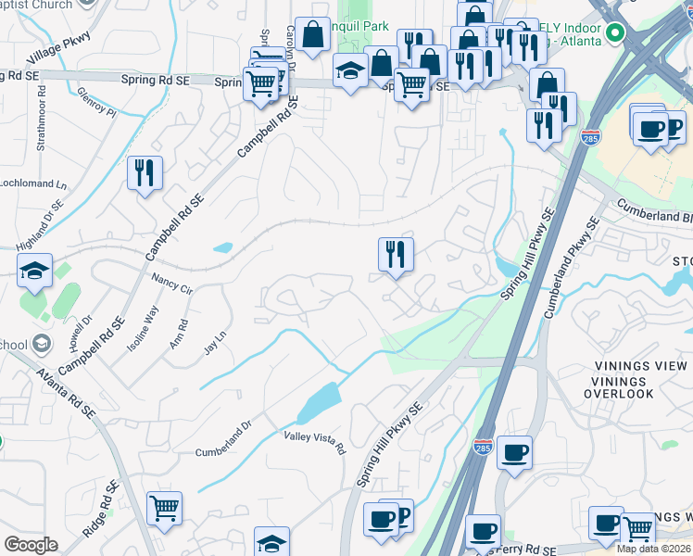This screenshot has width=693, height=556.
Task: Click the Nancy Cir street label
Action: (171, 284)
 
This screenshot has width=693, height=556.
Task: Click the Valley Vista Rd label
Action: (315, 443)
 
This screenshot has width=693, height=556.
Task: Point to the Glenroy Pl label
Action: (97, 100)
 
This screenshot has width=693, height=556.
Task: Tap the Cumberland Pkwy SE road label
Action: (569, 278)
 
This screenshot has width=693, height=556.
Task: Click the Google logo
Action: (31, 545)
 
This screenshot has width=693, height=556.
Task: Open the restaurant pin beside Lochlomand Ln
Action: (145, 172)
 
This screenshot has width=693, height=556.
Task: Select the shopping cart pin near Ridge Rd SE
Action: (164, 507)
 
